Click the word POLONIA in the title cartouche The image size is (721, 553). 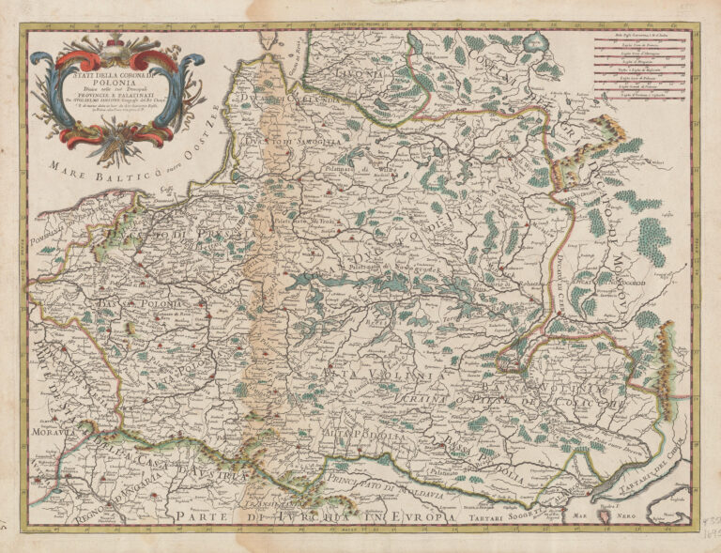[114, 82]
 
